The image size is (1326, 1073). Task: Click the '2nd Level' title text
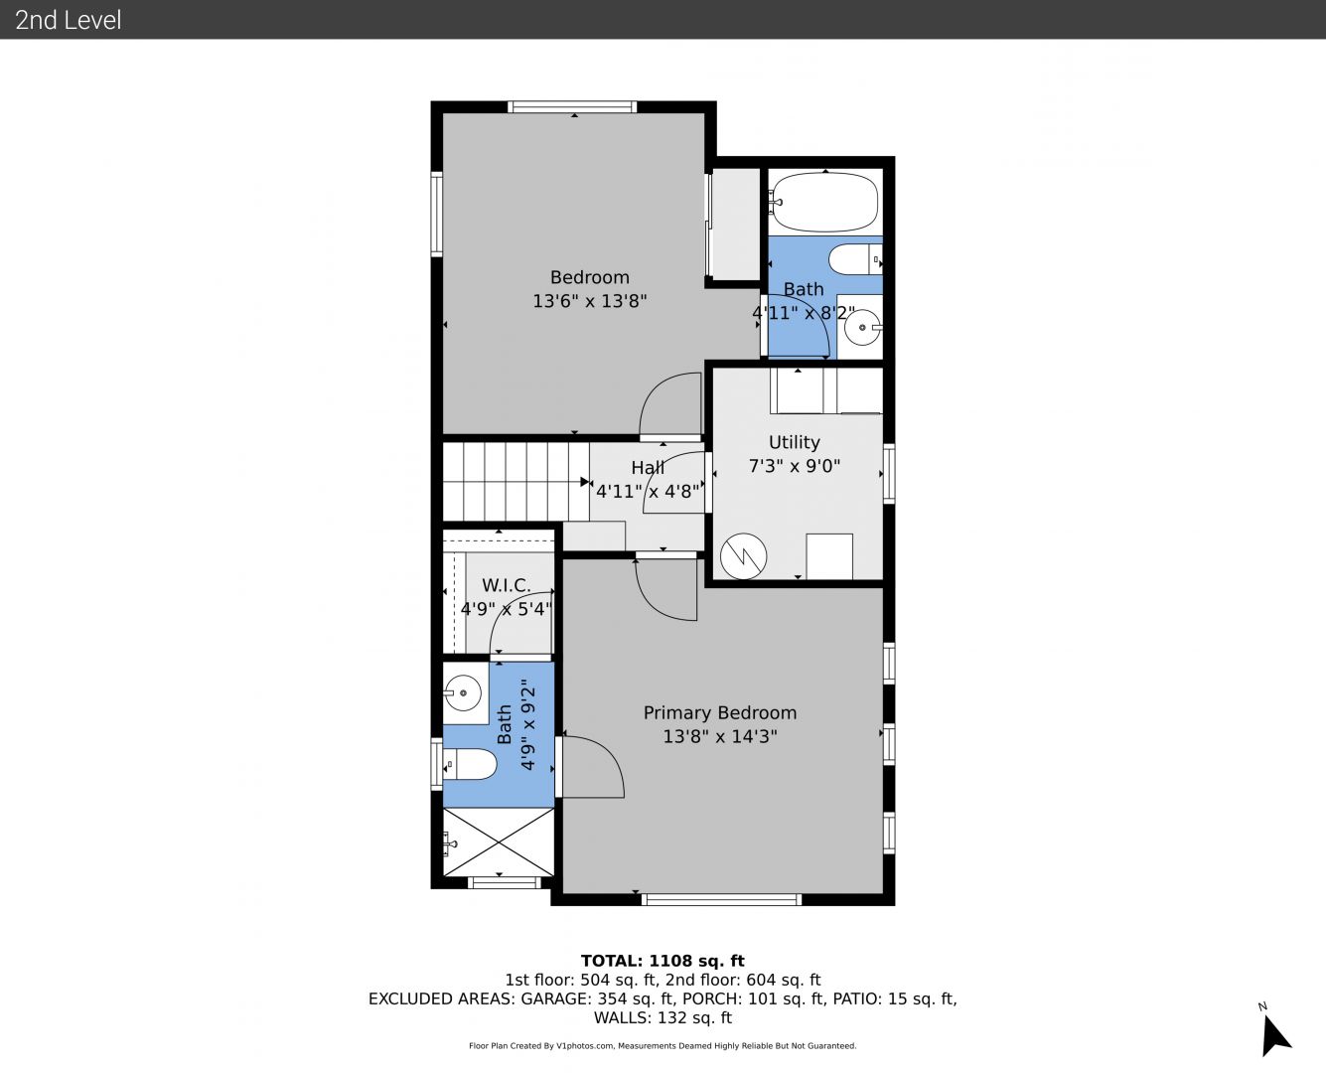point(68,20)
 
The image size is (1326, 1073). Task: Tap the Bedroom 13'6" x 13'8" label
point(590,289)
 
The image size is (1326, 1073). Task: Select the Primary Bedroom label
point(720,724)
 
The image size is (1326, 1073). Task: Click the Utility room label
point(795,454)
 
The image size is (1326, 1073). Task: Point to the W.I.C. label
point(507,596)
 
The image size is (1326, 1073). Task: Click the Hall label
point(648,479)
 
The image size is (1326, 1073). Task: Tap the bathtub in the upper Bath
point(825,202)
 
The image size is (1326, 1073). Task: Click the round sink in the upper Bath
point(862,328)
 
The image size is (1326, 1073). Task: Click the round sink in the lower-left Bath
point(462,692)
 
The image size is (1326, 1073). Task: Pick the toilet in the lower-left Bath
point(470,764)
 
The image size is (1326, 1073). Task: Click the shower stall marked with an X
point(498,843)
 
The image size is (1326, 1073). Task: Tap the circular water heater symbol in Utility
point(743,556)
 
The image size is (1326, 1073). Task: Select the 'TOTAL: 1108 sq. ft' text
point(663,961)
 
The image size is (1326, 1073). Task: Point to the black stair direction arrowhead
point(585,482)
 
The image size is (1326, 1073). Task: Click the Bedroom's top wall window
point(572,107)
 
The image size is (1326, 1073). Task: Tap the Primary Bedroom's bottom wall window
point(721,899)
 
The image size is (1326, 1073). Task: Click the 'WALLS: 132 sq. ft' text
point(663,1018)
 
